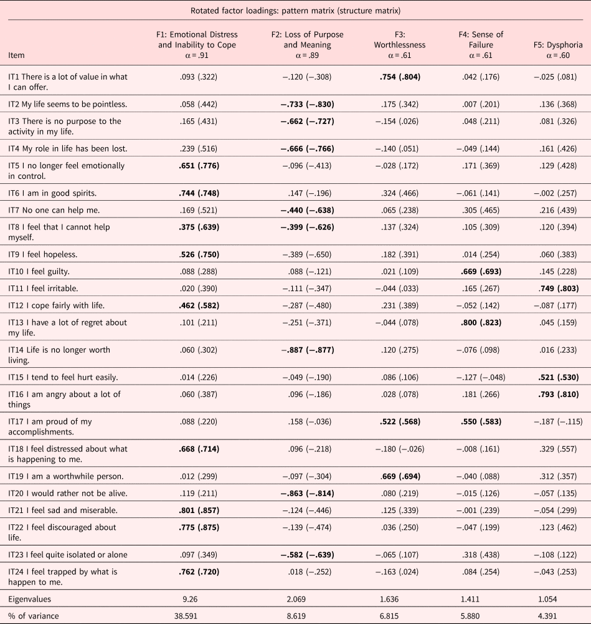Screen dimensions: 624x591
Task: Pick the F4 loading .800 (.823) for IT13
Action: click(480, 322)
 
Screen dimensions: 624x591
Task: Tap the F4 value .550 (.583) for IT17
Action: click(480, 422)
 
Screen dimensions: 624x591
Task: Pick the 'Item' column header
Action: click(17, 55)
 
